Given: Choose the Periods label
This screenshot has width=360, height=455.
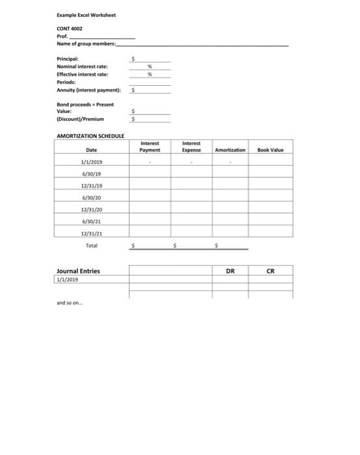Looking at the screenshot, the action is (68, 82).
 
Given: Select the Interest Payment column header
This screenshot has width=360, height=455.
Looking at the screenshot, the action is (150, 147).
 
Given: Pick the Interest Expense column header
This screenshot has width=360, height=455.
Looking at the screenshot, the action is (191, 147).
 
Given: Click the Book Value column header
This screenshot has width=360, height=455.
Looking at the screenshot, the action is (271, 150).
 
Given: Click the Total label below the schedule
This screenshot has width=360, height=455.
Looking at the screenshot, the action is (90, 245).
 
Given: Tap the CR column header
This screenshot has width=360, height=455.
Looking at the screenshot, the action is (272, 271).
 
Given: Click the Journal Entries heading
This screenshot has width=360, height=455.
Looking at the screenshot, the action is (79, 271).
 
